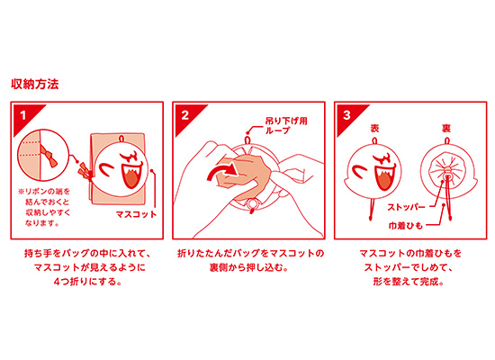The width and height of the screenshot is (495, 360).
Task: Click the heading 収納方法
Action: point(35,84)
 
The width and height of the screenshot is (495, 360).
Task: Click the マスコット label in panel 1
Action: point(137,214)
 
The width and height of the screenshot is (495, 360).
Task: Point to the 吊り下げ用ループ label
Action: point(286,126)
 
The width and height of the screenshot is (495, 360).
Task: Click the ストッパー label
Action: point(406,208)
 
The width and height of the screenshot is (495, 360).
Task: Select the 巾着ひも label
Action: point(406,226)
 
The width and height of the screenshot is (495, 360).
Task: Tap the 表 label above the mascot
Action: point(374,128)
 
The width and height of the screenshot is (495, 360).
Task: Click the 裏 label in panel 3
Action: point(446,128)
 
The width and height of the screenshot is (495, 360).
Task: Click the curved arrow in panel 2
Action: point(221,173)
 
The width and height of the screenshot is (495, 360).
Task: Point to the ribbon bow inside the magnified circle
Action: point(49,155)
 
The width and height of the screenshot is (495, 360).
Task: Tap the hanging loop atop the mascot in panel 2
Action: point(247,139)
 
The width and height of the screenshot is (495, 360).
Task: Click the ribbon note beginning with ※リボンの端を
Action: point(44,208)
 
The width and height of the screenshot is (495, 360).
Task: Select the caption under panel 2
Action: point(251,260)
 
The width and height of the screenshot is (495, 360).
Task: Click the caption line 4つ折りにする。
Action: point(87,282)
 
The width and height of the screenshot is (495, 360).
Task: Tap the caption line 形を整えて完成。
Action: point(409,282)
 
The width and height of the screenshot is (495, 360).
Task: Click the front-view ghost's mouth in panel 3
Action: point(384,178)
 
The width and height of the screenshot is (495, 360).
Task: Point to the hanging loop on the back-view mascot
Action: point(446,140)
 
